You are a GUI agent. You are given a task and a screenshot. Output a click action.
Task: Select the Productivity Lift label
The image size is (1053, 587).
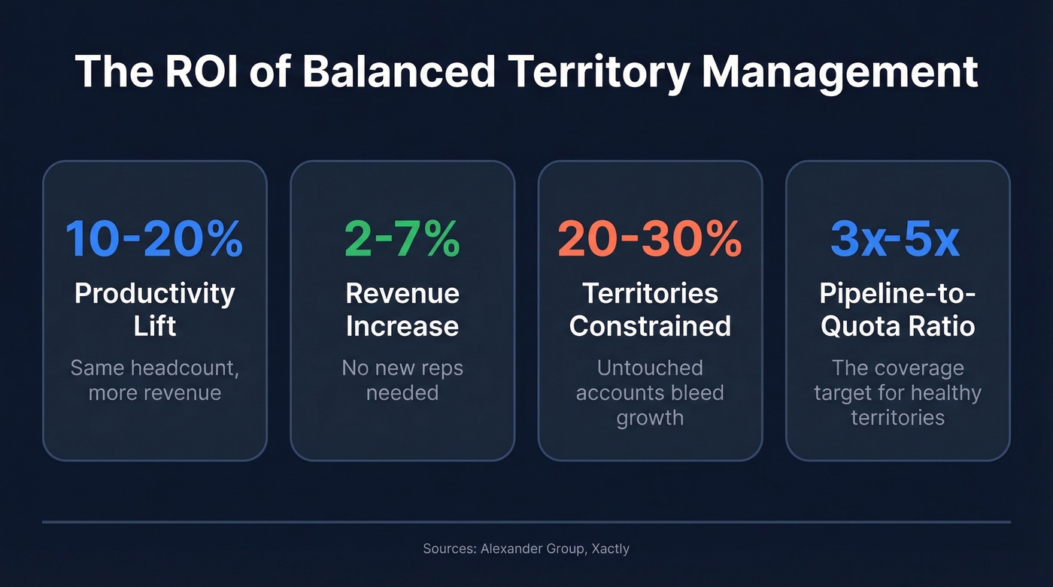(154, 310)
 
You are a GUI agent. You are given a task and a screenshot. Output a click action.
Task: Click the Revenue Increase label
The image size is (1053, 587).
(402, 310)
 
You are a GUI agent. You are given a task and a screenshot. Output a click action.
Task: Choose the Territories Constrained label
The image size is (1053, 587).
(650, 310)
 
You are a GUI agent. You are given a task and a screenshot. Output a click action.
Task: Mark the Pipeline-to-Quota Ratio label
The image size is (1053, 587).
(897, 310)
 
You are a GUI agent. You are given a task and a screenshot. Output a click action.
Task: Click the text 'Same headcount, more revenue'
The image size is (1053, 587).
(154, 380)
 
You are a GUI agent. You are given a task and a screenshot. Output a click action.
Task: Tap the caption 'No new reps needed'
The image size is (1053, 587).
(402, 380)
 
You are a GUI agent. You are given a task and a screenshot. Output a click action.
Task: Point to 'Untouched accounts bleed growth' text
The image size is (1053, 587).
(650, 392)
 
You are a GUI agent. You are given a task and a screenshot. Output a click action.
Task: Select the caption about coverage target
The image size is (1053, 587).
(897, 392)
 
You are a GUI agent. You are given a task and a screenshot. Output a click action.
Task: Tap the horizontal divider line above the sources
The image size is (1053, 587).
(526, 521)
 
